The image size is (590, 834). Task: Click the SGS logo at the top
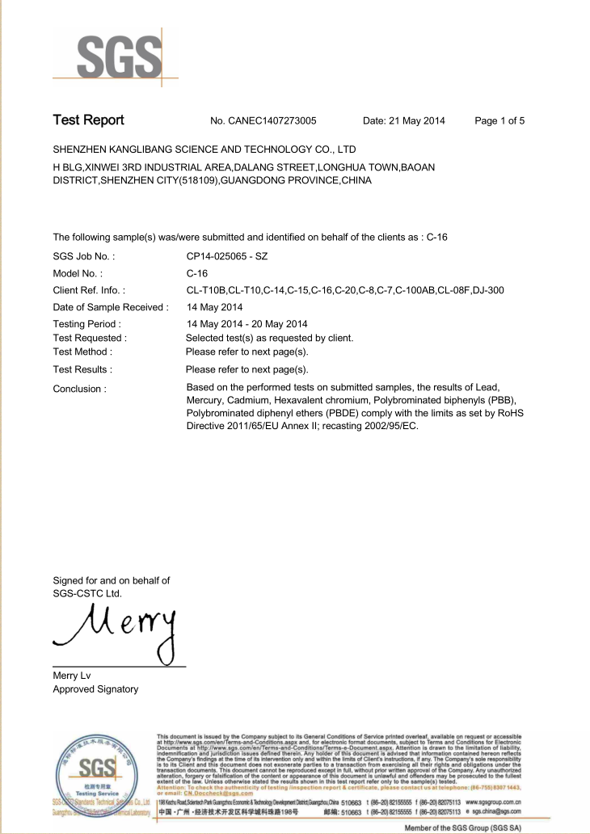coord(118,57)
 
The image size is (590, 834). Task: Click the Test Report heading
coord(88,120)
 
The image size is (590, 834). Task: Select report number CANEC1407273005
coord(263,121)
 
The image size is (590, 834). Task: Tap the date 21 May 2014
coord(404,121)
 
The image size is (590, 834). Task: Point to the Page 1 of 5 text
coord(499,121)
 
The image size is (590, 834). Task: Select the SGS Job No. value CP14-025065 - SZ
coord(227,256)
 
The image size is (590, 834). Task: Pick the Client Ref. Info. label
coord(88,290)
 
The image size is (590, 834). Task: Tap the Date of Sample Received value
coord(214,307)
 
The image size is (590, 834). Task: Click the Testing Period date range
coord(247,324)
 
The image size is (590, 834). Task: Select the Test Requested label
coord(90,338)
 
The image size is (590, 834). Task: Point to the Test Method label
coord(82,352)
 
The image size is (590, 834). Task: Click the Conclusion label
coord(79,389)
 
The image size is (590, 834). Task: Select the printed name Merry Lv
coord(72,676)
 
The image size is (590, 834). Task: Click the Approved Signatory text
coord(95,689)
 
